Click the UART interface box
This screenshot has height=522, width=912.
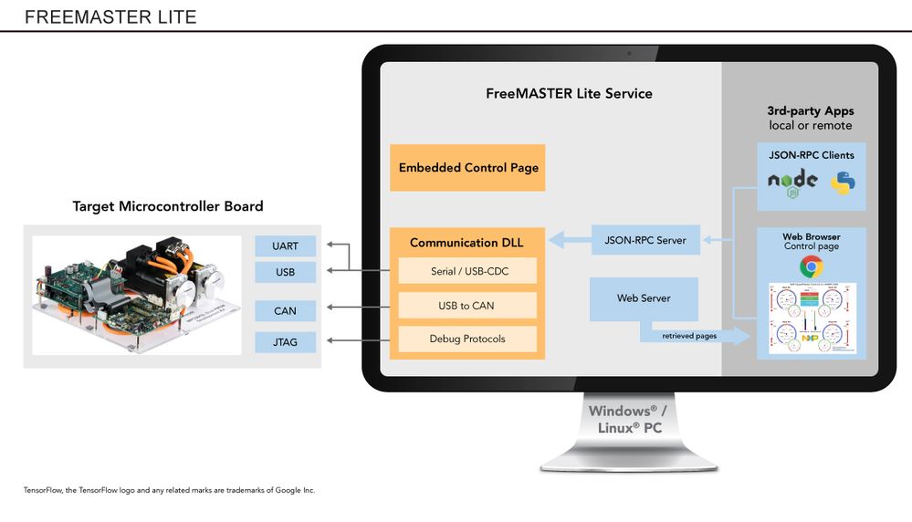pyautogui.click(x=285, y=245)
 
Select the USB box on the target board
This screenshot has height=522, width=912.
pyautogui.click(x=285, y=272)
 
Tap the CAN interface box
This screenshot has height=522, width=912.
pyautogui.click(x=285, y=310)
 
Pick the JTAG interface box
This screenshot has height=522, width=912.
pyautogui.click(x=285, y=342)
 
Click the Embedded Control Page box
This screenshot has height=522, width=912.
pyautogui.click(x=467, y=168)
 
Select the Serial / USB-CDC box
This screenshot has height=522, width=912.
pyautogui.click(x=467, y=271)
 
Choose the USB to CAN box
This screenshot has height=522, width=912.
pyautogui.click(x=467, y=305)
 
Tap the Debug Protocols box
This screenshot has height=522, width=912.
pyautogui.click(x=467, y=339)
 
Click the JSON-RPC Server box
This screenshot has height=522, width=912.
pyautogui.click(x=645, y=240)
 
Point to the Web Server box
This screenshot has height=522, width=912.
pyautogui.click(x=644, y=298)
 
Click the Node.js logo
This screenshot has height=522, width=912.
pyautogui.click(x=792, y=182)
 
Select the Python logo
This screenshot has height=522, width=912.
pyautogui.click(x=843, y=183)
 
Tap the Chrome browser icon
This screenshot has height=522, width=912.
pyautogui.click(x=811, y=266)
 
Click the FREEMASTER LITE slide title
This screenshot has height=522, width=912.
pyautogui.click(x=110, y=17)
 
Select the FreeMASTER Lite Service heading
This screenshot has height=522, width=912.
pyautogui.click(x=569, y=93)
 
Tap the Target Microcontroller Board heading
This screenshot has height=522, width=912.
pyautogui.click(x=168, y=206)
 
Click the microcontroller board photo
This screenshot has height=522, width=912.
pyautogui.click(x=137, y=295)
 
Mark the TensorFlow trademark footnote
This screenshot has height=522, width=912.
pyautogui.click(x=169, y=490)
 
